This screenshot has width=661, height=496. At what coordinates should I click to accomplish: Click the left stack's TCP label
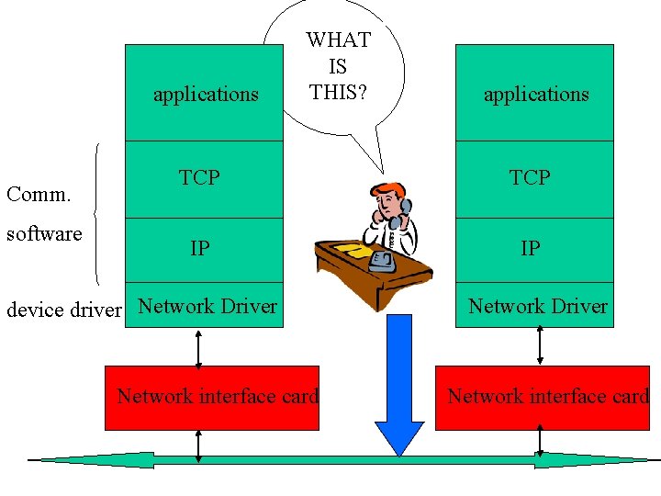tap(199, 177)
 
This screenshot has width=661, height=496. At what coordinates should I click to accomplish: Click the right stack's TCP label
tap(530, 177)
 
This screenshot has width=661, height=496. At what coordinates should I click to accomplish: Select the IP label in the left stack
tap(199, 248)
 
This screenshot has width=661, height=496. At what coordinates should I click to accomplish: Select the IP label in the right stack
tap(530, 248)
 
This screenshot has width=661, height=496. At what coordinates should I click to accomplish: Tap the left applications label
tap(206, 94)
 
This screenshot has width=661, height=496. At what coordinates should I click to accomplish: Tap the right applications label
tap(536, 94)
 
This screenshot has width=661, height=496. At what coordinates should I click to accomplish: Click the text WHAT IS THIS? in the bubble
tap(339, 66)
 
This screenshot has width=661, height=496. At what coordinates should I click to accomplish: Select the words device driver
tap(64, 310)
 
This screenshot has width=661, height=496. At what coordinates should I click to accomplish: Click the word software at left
tap(44, 233)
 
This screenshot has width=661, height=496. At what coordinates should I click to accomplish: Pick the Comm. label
tap(39, 194)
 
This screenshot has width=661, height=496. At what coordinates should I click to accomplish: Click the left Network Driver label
tap(207, 307)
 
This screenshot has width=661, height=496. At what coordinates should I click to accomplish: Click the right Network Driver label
tap(538, 307)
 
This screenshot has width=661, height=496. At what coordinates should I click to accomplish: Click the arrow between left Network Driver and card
tap(198, 347)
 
